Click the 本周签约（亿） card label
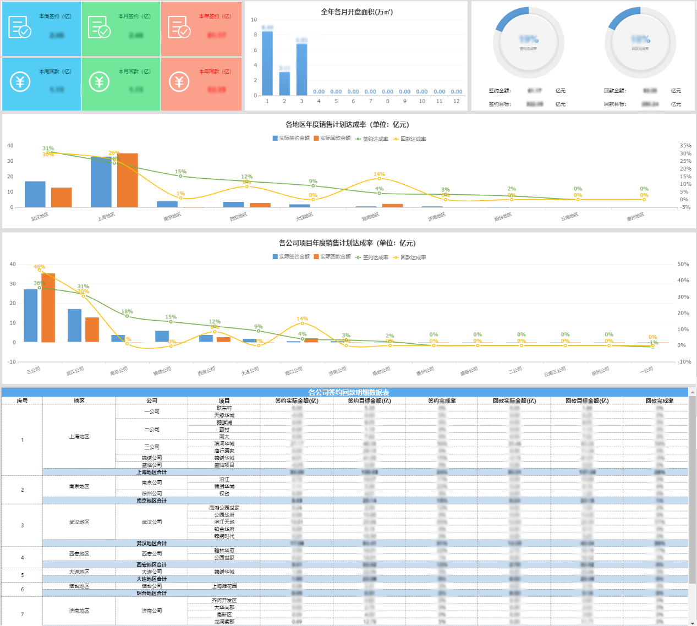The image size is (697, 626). pos(55,17)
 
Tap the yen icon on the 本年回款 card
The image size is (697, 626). pos(179,82)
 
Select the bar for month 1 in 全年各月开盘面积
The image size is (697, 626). pos(267,63)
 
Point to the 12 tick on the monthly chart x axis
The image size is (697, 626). pos(456,101)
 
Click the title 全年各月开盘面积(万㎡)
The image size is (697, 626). pos(356,12)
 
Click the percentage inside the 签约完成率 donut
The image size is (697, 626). pos(529,40)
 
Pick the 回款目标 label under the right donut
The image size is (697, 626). pos(614,104)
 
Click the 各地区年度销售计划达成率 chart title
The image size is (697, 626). pos(347,125)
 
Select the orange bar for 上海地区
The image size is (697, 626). pos(128,180)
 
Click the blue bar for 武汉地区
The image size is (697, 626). pos(35,194)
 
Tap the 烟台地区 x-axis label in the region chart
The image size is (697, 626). pos(503,217)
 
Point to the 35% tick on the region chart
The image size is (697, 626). pos(685,146)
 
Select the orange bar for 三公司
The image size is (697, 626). pos(48,307)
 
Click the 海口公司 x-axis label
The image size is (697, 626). pos(294,371)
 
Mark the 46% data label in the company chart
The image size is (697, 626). pos(39,267)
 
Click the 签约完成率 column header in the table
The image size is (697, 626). pos(442,401)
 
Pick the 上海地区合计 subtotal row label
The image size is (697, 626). pos(151,472)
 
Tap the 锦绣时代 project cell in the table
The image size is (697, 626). pos(224,536)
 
